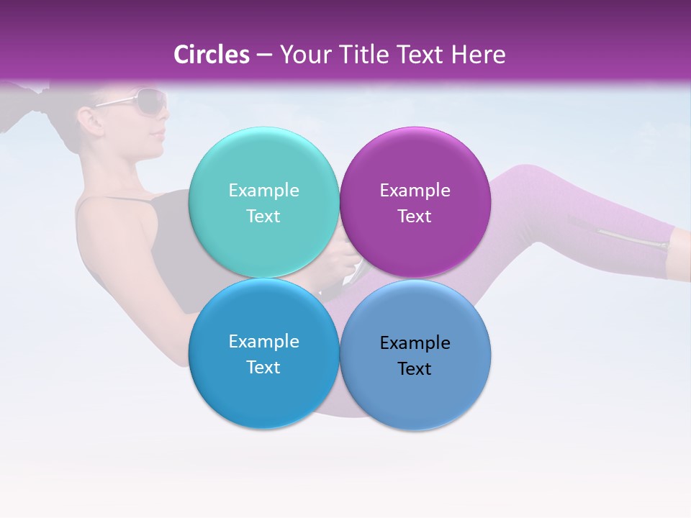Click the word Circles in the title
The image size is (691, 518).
(212, 55)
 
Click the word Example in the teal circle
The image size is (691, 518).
(263, 190)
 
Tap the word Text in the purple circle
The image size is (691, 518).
(415, 216)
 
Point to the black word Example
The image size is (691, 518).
(415, 342)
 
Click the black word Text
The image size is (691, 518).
(415, 368)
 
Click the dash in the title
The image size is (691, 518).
(263, 55)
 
